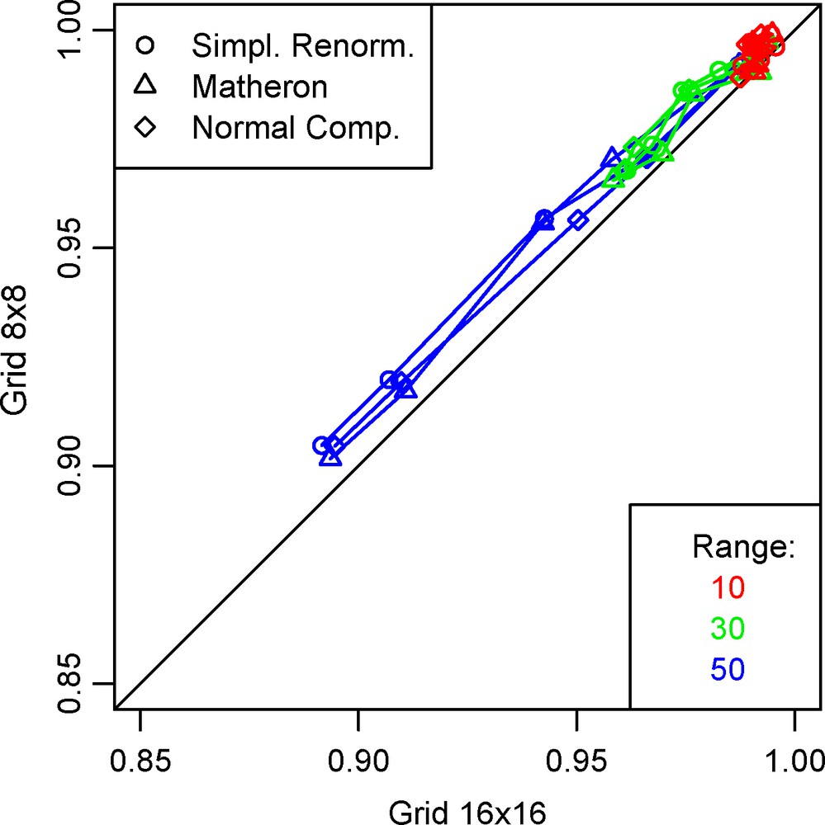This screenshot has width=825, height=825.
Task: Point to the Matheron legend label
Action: [258, 86]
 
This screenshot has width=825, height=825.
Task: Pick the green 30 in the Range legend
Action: [727, 629]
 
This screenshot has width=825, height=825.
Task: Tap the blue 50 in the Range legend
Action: [727, 670]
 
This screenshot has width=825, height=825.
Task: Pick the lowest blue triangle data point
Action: [330, 455]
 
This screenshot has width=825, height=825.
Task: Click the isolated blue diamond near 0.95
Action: [578, 220]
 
